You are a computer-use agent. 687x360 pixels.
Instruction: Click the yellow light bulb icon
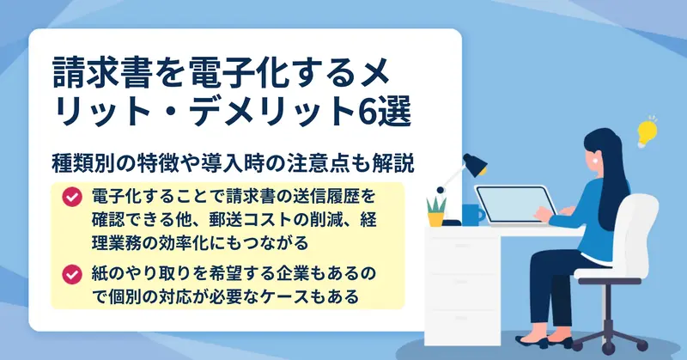(647, 131)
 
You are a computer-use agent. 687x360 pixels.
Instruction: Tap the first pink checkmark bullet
(72, 197)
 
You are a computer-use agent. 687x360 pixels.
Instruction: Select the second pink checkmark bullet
(72, 275)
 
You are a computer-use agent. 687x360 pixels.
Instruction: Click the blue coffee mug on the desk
(474, 215)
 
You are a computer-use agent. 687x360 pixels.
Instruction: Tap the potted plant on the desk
(436, 212)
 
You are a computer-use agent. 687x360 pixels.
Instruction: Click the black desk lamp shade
(475, 164)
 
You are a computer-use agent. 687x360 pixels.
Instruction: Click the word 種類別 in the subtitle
(79, 164)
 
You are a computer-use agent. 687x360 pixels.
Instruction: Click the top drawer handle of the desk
(463, 246)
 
